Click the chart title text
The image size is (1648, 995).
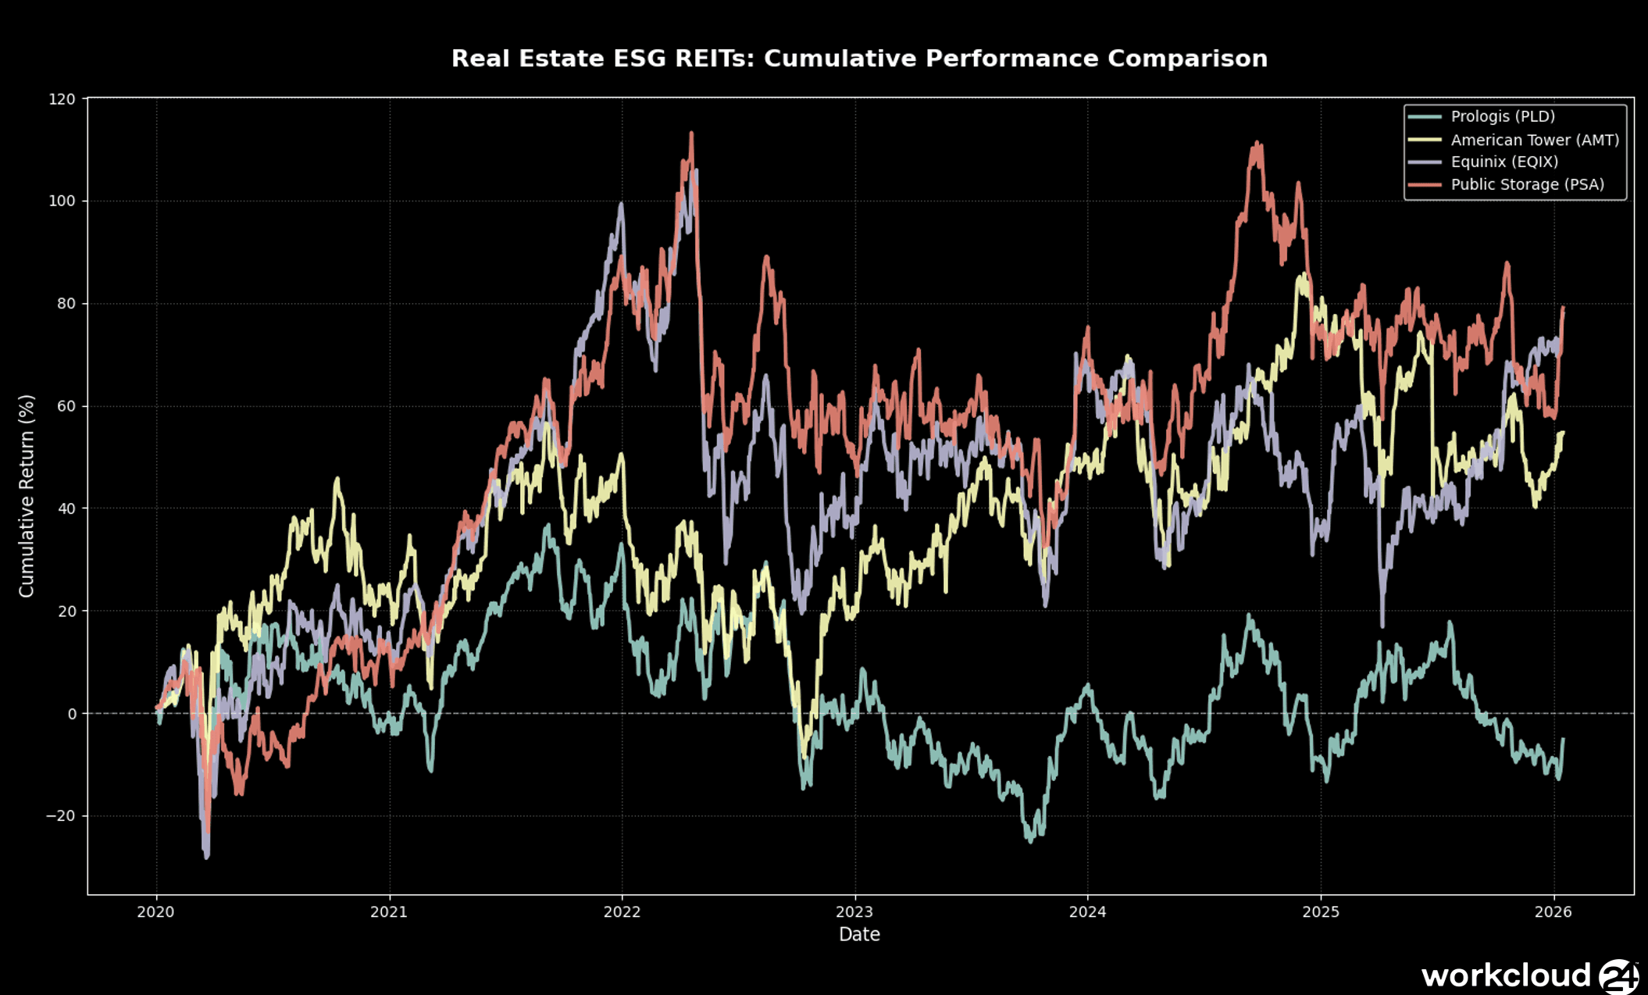click(859, 59)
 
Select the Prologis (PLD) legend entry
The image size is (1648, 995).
click(1503, 116)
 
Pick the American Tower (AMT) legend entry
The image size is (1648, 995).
click(1535, 140)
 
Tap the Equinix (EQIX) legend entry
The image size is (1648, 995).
click(1504, 162)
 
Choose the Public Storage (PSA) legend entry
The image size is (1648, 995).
click(1527, 184)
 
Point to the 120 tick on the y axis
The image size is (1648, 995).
click(62, 99)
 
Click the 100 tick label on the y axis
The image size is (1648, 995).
click(62, 201)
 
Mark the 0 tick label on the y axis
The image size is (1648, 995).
click(72, 714)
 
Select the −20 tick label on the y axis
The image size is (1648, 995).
click(61, 816)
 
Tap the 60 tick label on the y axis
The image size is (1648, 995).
click(66, 406)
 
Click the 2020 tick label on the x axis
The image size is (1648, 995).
click(156, 911)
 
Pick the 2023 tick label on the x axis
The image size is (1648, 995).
click(854, 911)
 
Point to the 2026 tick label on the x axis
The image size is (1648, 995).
click(1553, 911)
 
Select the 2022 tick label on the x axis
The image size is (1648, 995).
click(622, 911)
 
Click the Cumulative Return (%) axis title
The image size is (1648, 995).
click(27, 496)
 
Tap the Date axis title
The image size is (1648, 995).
click(859, 934)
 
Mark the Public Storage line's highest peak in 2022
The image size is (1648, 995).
click(691, 134)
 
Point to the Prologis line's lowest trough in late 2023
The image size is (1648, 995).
click(1030, 841)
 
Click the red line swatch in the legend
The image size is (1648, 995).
click(1425, 184)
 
